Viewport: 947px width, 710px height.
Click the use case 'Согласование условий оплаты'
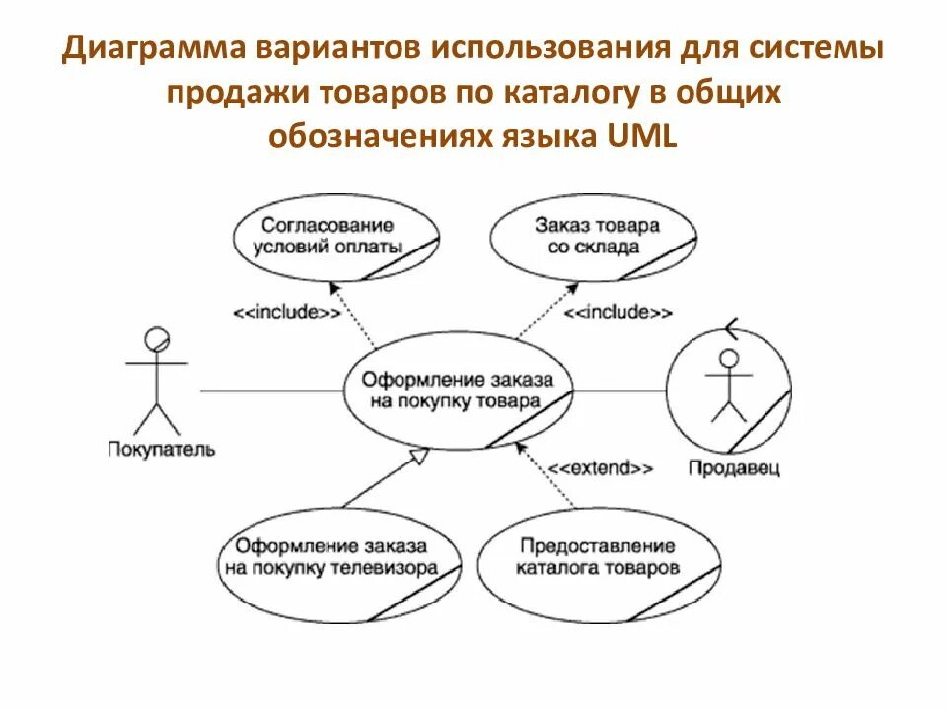click(x=334, y=236)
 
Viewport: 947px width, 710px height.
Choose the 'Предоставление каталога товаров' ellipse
click(x=597, y=557)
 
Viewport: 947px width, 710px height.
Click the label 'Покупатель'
click(x=159, y=450)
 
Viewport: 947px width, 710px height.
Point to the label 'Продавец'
click(x=733, y=468)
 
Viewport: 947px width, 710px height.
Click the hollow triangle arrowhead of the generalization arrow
click(x=419, y=456)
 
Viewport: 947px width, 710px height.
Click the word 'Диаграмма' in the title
click(x=159, y=49)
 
